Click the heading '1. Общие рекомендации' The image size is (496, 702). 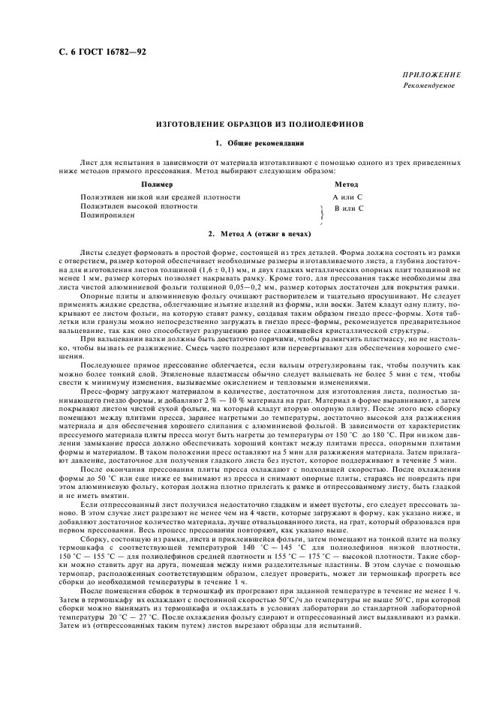click(248, 142)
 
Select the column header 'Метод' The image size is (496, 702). click(346, 184)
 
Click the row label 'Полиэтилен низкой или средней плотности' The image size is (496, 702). click(161, 196)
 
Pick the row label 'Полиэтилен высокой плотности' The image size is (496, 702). click(139, 205)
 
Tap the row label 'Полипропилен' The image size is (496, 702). click(107, 214)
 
